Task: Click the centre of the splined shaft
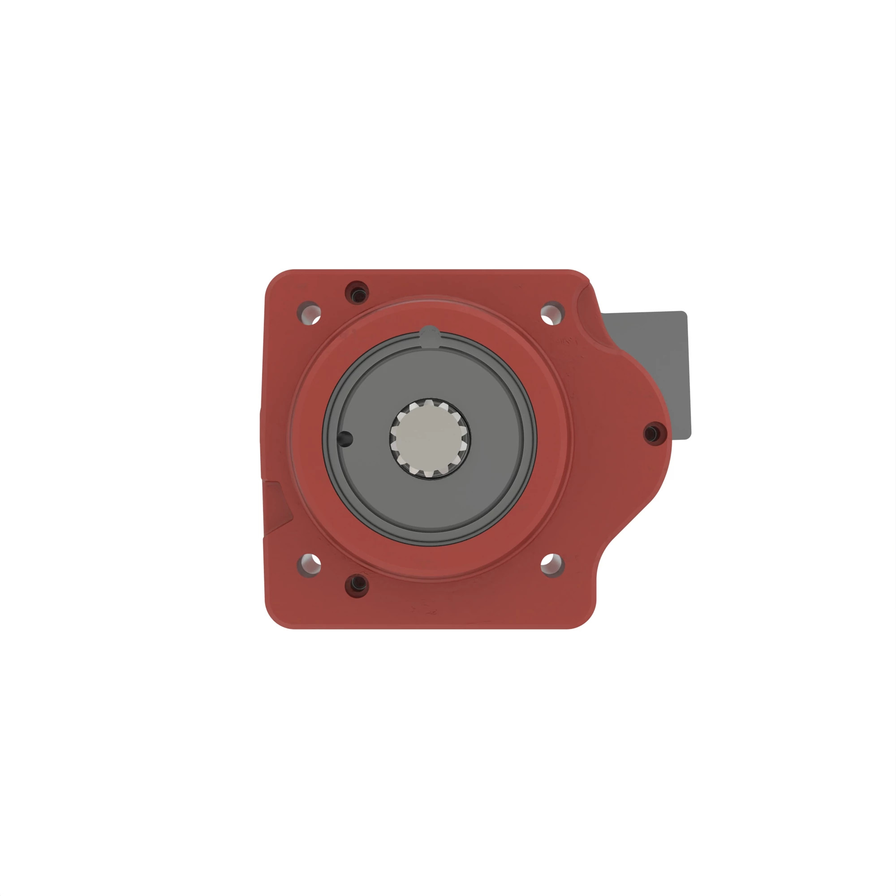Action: tap(430, 438)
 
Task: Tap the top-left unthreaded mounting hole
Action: tap(309, 313)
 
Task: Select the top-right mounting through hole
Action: tap(552, 313)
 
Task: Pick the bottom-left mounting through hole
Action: tap(309, 565)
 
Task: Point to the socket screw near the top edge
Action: tap(357, 293)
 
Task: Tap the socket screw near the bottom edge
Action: tap(357, 585)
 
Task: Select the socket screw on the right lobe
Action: tap(655, 433)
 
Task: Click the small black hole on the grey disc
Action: tap(345, 439)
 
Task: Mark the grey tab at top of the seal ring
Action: tap(430, 335)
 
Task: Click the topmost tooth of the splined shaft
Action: tap(430, 403)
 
